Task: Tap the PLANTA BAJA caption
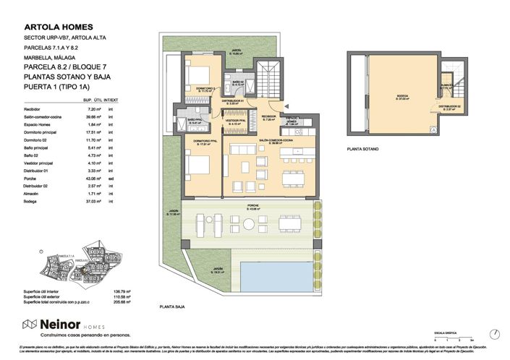point(172,307)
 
